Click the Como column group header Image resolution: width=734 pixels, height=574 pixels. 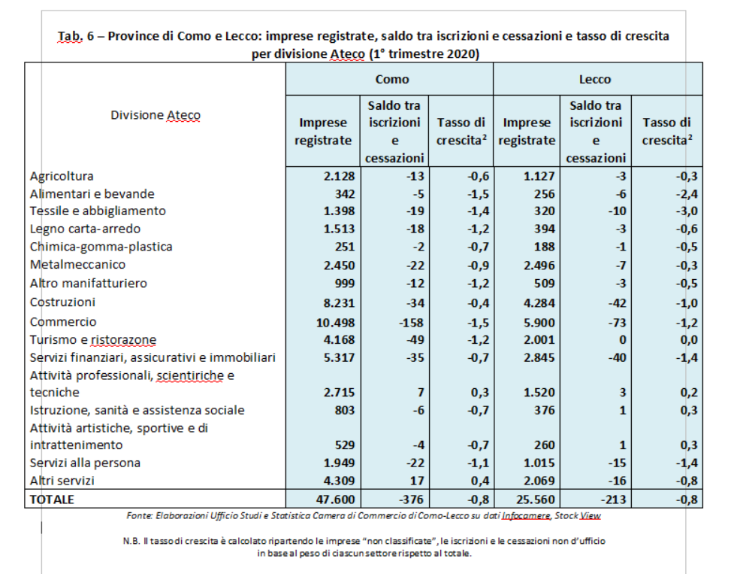pyautogui.click(x=392, y=79)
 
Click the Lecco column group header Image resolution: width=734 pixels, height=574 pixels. pyautogui.click(x=594, y=79)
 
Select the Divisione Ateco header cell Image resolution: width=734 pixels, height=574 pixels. pyautogui.click(x=156, y=115)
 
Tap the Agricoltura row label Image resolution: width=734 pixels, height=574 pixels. pyautogui.click(x=62, y=176)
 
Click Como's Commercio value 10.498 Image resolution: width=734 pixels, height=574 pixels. pyautogui.click(x=335, y=323)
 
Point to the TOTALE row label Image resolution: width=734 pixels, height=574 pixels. pyautogui.click(x=52, y=500)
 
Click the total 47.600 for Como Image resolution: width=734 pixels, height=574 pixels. pyautogui.click(x=335, y=500)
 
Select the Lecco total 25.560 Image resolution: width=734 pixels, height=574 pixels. pyautogui.click(x=535, y=500)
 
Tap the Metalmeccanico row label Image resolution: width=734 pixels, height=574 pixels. pyautogui.click(x=77, y=265)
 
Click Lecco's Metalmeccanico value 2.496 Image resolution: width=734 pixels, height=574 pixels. pyautogui.click(x=539, y=266)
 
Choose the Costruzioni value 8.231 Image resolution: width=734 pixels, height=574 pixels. pyautogui.click(x=340, y=302)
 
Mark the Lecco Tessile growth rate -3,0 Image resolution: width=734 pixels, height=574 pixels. pyautogui.click(x=686, y=211)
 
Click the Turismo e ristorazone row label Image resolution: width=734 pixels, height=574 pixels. pyautogui.click(x=93, y=340)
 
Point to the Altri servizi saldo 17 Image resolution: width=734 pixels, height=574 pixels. pyautogui.click(x=417, y=481)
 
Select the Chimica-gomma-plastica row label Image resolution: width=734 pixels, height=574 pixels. pyautogui.click(x=101, y=247)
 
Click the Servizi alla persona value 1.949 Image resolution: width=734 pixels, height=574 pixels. pyautogui.click(x=340, y=463)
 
